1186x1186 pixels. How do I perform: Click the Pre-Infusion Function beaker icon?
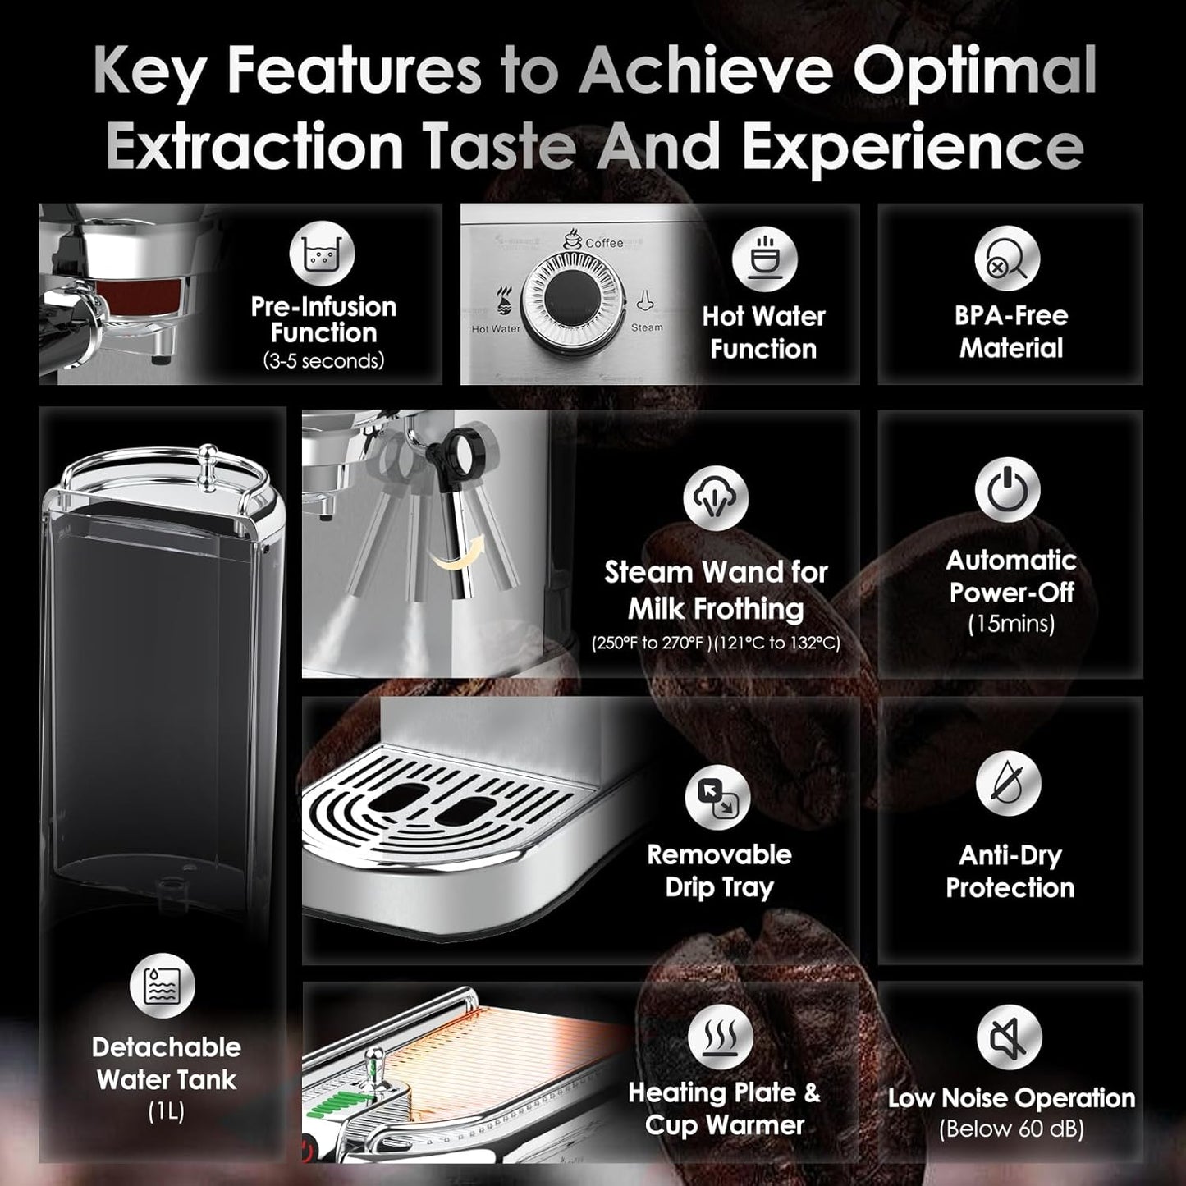coord(322,254)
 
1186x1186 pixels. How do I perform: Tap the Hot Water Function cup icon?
coord(764,259)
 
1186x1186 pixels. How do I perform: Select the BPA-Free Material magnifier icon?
coord(1007,259)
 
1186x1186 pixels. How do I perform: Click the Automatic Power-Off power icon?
coord(1007,490)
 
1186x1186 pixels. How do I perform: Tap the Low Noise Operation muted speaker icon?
coord(1009,1038)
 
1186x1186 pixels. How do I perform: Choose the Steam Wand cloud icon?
coord(716,497)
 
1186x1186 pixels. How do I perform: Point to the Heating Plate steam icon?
coord(721,1036)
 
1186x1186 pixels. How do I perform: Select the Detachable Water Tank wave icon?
coord(163,986)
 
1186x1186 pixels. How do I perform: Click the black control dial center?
coord(566,300)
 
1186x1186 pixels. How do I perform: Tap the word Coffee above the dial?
coord(604,243)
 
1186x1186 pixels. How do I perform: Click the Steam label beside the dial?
coord(647,327)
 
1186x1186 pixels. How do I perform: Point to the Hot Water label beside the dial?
coord(496,329)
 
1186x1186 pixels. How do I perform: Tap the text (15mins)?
coord(1010,625)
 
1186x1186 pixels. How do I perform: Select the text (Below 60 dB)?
coord(1011,1129)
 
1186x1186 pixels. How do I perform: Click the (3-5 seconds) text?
coord(323,361)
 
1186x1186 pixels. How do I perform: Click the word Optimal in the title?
coord(973,72)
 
